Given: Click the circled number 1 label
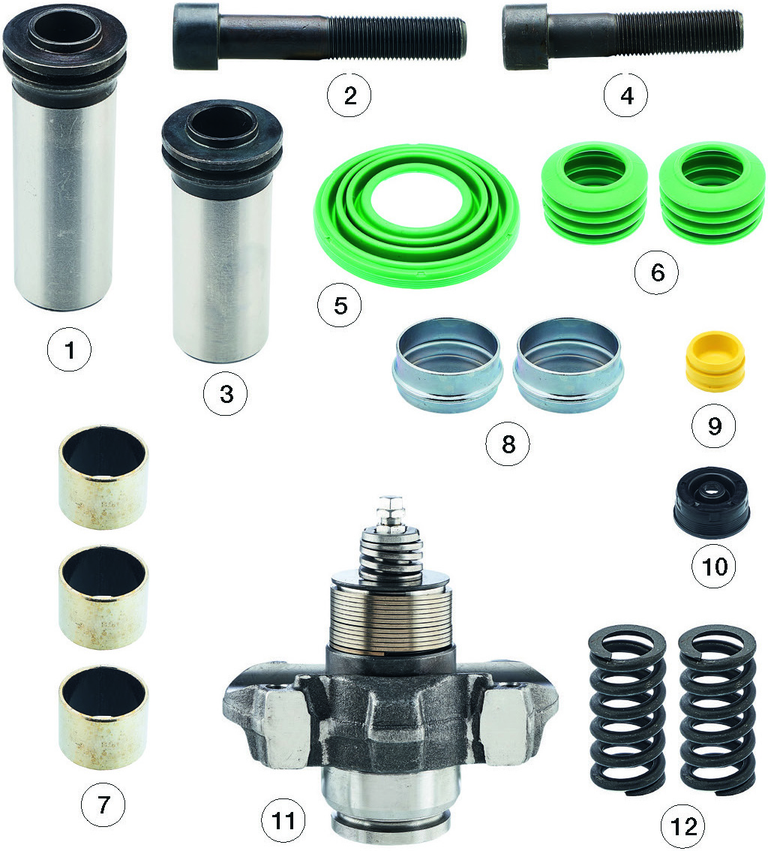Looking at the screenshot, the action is [70, 350].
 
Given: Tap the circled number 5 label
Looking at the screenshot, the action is [340, 305].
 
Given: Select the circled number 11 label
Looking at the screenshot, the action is [283, 821].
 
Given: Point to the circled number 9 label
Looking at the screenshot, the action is [714, 426].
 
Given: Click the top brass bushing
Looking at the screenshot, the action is [103, 478].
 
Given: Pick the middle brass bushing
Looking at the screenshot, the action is [103, 598].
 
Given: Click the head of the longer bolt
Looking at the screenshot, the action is [196, 36].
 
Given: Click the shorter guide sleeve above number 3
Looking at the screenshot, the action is [222, 230].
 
